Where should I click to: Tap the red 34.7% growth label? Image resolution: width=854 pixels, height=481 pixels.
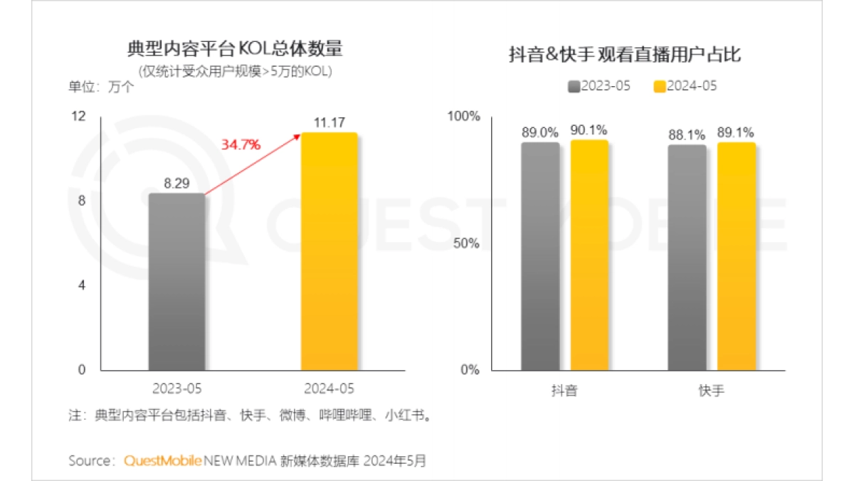241,144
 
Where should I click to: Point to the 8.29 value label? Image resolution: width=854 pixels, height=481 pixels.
176,183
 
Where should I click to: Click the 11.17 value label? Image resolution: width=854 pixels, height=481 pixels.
329,122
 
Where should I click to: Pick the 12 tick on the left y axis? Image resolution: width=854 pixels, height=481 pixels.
79,116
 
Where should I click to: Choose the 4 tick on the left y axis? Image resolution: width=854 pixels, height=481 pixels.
81,285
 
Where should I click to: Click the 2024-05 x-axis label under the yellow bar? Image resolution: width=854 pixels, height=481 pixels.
328,388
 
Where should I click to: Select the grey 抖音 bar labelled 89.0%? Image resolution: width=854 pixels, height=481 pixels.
540,256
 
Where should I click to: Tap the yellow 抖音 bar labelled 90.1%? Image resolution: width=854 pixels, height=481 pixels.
589,255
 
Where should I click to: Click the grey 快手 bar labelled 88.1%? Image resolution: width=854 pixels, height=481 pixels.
687,257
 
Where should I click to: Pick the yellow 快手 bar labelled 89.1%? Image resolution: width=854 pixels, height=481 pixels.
736,256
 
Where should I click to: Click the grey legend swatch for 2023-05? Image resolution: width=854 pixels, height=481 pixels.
574,86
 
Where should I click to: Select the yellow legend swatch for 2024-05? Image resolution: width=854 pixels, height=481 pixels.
659,86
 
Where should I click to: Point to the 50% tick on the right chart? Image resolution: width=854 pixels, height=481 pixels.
467,243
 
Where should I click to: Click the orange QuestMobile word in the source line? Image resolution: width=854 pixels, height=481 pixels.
163,460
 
